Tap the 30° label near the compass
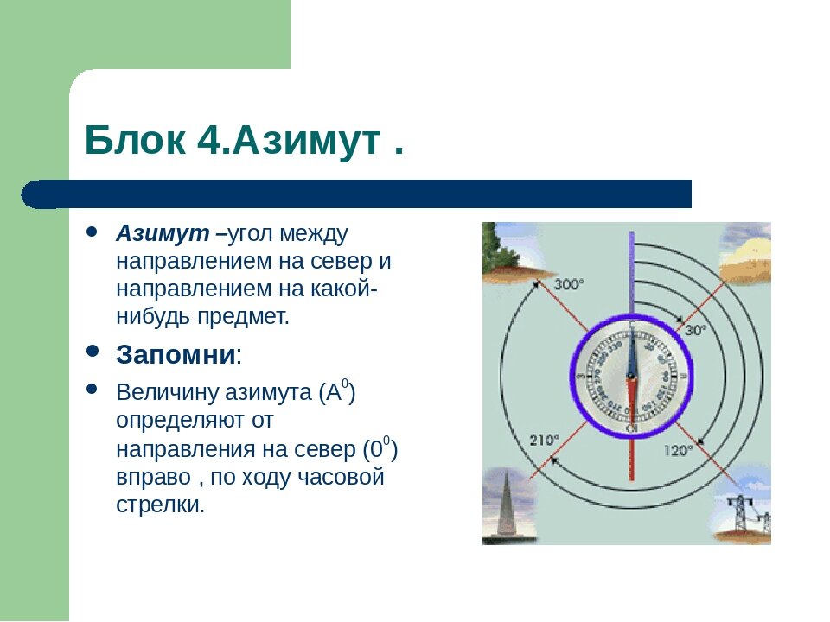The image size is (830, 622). tap(696, 330)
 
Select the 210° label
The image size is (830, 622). tap(545, 439)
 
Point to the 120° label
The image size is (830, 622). tap(679, 449)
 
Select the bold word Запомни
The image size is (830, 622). tap(176, 354)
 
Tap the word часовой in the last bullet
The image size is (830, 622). tap(342, 478)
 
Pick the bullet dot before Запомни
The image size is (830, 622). tap(93, 352)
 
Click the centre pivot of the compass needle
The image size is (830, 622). tap(632, 377)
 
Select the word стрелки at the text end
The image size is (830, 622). tap(160, 505)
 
